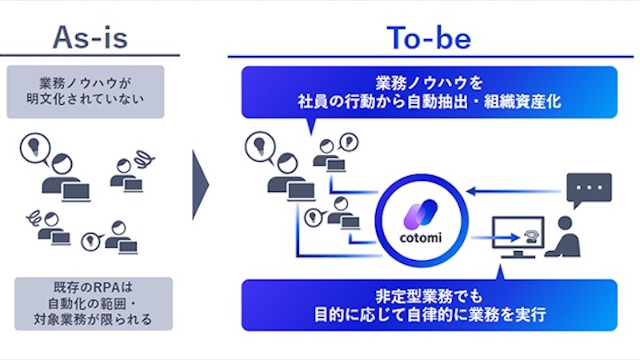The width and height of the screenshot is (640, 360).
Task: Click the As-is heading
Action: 90,35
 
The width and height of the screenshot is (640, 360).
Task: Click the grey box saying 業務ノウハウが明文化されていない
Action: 90,92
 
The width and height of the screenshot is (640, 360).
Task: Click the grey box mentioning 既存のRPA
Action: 90,303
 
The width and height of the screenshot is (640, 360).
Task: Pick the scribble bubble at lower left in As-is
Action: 34,215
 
